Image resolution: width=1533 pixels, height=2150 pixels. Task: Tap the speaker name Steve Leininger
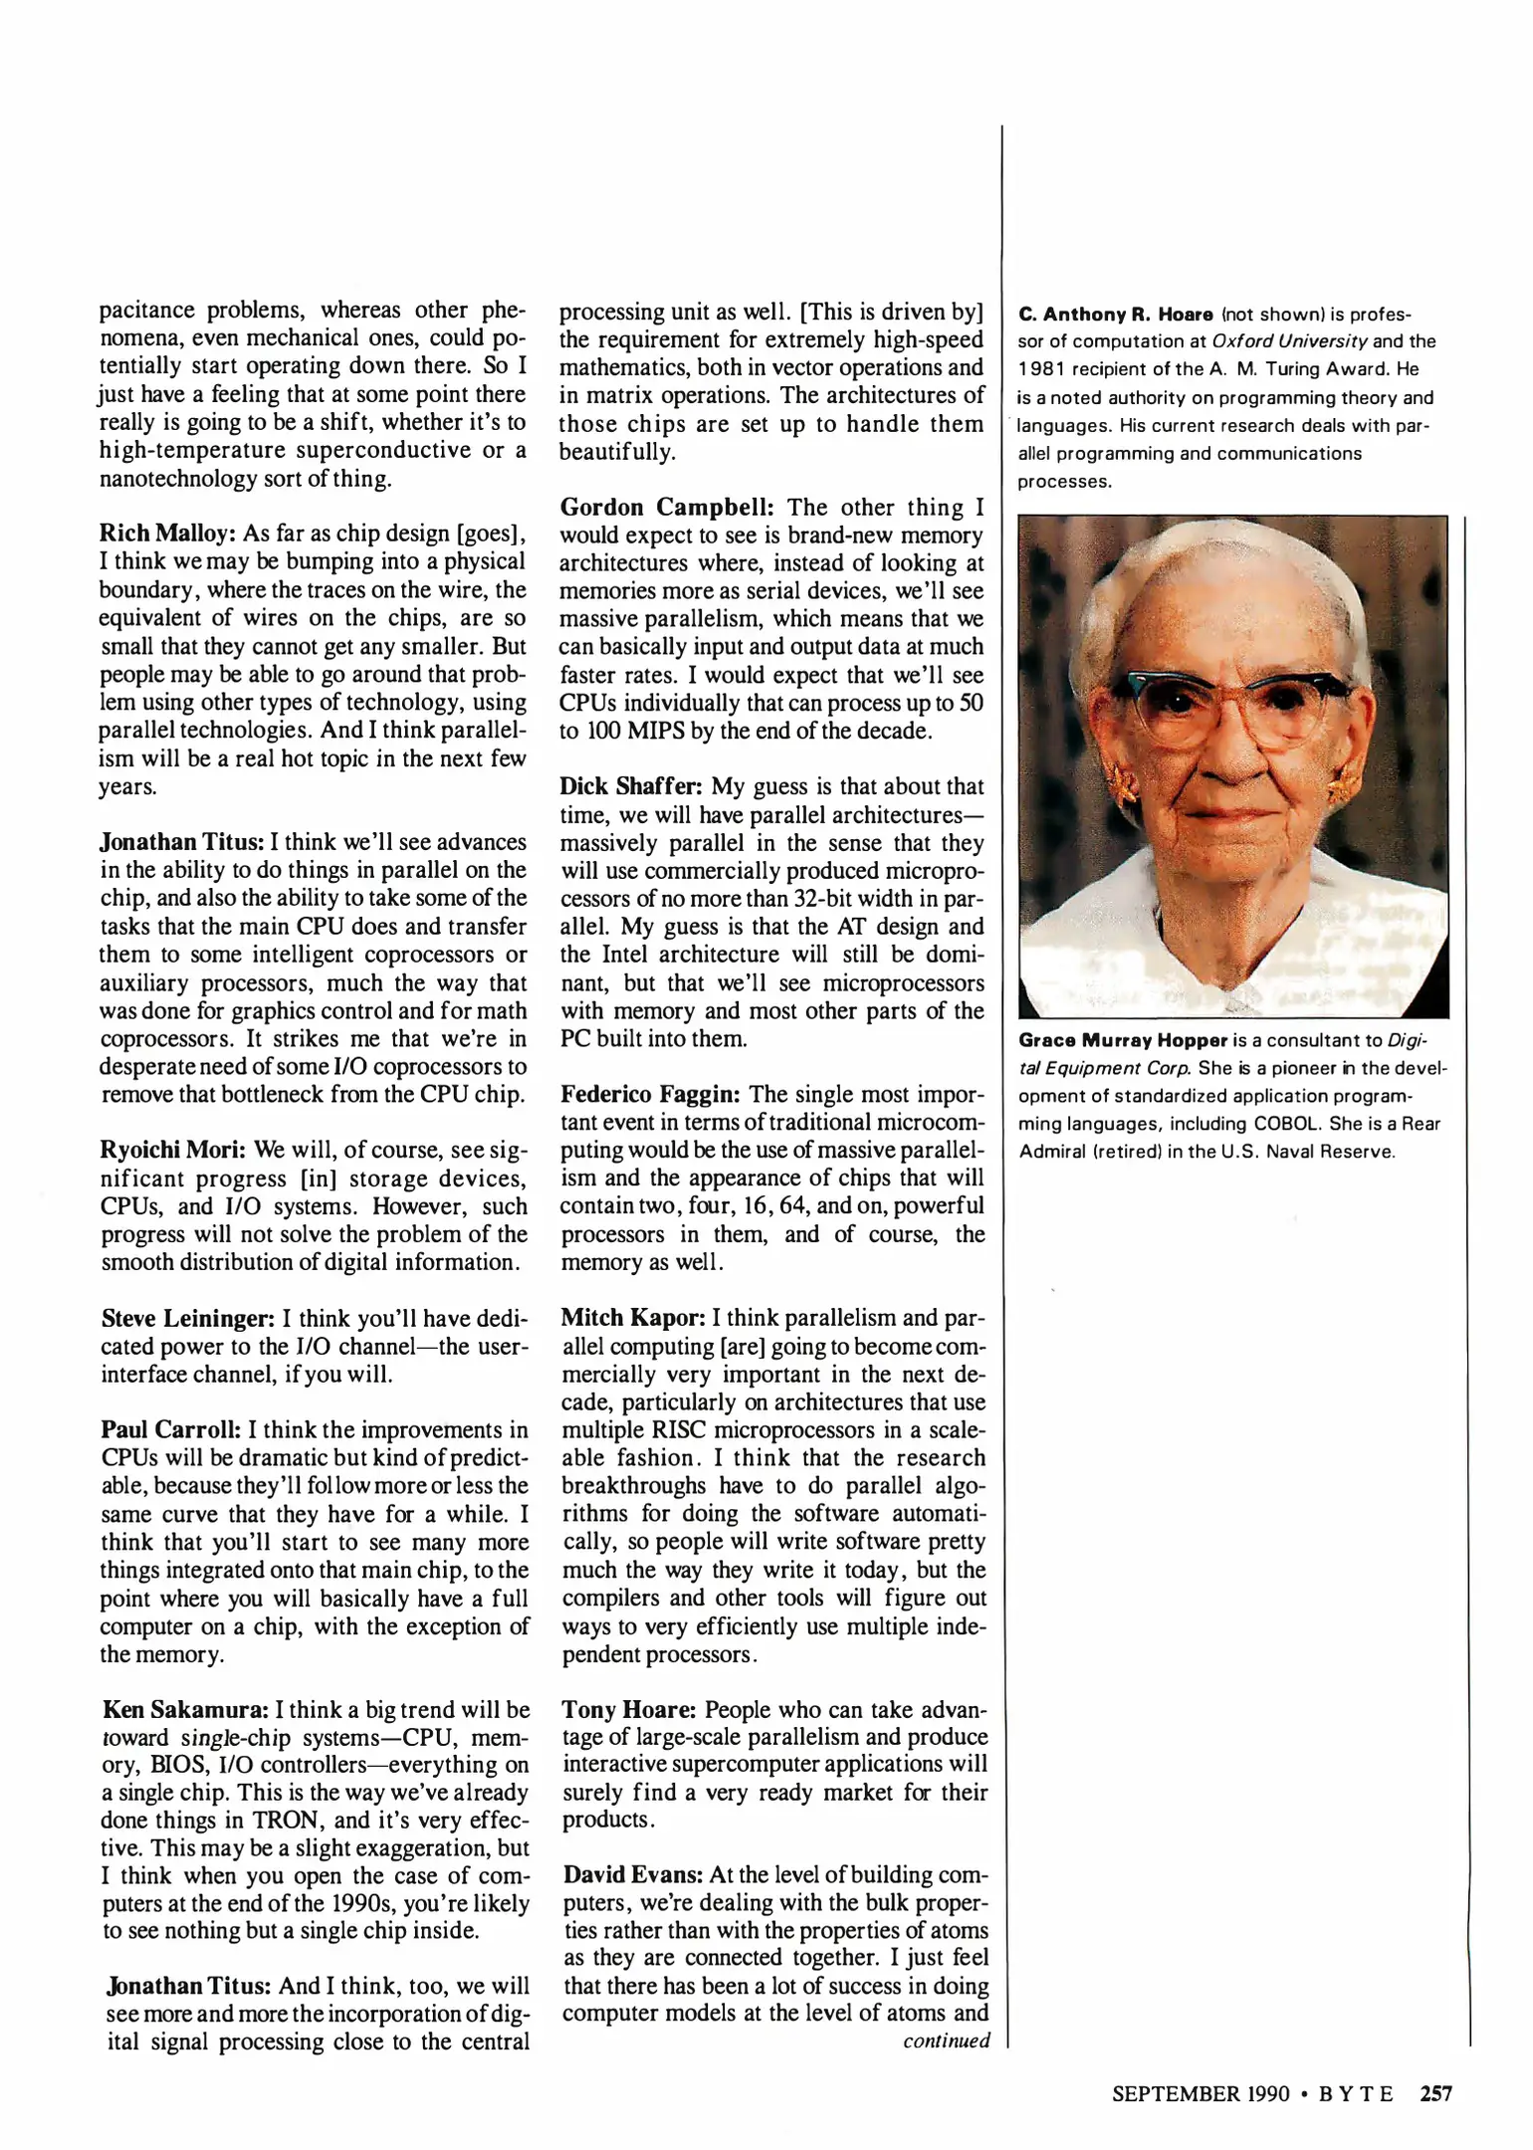click(188, 1319)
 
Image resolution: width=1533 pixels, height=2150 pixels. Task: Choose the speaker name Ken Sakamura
click(185, 1710)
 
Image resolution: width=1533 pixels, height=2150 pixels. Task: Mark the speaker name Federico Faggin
click(651, 1095)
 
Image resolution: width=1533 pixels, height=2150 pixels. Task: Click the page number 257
click(1435, 2094)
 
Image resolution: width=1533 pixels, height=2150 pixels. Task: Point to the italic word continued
click(946, 2042)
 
